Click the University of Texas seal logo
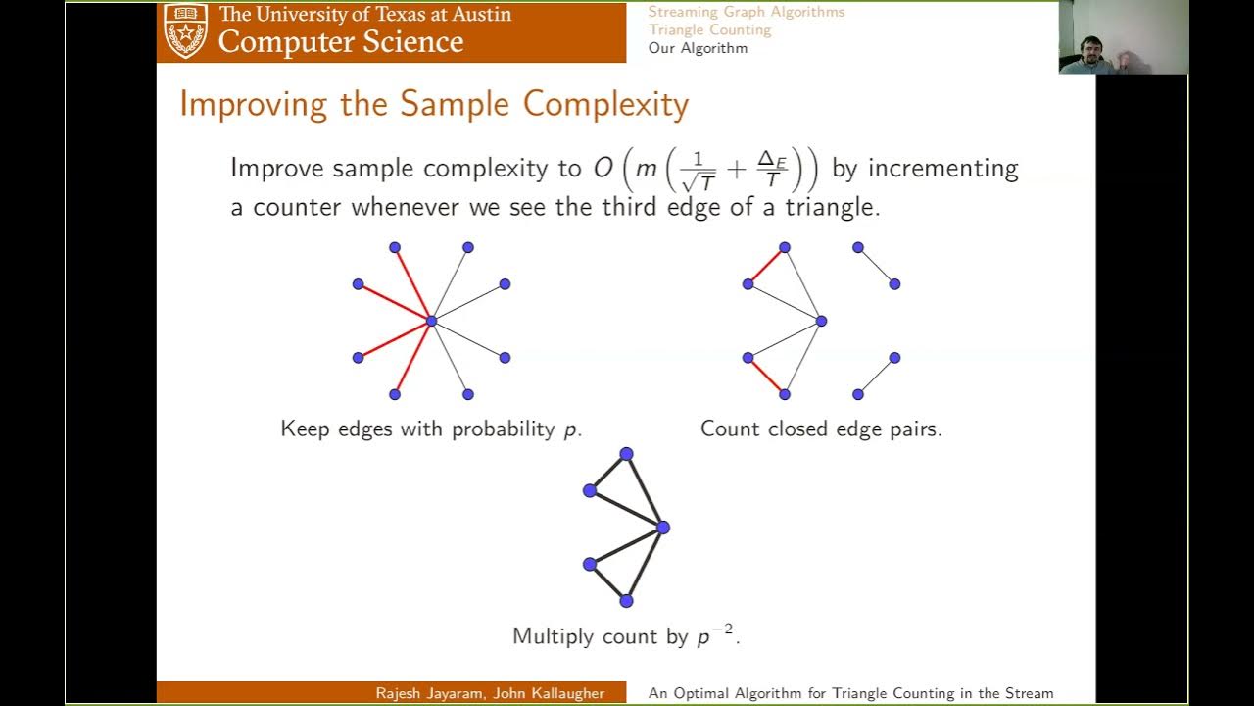point(185,30)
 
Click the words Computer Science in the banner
point(340,42)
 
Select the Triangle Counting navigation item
point(709,29)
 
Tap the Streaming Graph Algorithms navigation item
point(746,12)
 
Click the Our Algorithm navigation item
point(698,48)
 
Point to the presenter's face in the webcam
point(1090,50)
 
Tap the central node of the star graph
point(431,321)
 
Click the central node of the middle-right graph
point(821,321)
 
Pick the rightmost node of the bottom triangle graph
point(663,528)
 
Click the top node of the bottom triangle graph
point(626,454)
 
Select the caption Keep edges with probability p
point(431,429)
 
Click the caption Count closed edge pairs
point(821,429)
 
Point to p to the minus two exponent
point(715,634)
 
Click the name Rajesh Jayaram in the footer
point(430,693)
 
